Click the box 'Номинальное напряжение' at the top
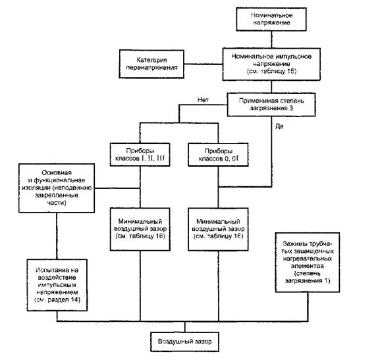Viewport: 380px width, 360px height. click(271, 19)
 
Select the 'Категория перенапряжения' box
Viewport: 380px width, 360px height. click(151, 64)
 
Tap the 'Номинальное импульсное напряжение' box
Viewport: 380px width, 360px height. click(271, 64)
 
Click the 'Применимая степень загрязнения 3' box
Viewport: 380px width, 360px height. click(271, 105)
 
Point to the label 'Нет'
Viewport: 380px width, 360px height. click(203, 100)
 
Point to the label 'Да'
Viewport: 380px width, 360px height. click(279, 126)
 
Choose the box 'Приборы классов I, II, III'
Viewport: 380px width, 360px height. click(140, 155)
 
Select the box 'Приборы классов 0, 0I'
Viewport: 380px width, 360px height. click(218, 155)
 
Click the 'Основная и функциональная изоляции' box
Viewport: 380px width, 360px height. click(57, 188)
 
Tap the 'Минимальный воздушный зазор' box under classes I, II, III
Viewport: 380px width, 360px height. click(140, 229)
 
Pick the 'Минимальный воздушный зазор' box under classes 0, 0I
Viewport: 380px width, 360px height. click(218, 229)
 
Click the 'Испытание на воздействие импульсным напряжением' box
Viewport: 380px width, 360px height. click(57, 285)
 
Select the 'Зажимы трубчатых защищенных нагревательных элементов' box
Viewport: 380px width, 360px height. click(308, 263)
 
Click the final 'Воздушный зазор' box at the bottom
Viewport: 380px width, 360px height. click(184, 342)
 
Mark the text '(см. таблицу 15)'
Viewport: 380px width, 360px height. click(272, 71)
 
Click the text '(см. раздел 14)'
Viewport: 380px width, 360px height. click(57, 299)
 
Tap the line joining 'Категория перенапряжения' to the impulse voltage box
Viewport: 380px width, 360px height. click(204, 64)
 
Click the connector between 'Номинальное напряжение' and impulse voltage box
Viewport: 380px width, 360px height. click(271, 39)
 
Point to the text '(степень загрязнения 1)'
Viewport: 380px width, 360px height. click(308, 277)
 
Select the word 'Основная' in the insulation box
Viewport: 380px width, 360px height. click(57, 172)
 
